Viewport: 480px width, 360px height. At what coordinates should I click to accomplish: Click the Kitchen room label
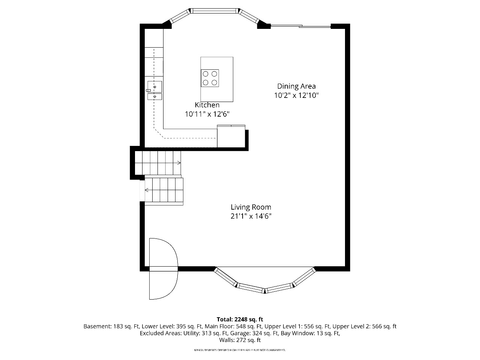click(207, 105)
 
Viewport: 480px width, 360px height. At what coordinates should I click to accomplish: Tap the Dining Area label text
click(296, 86)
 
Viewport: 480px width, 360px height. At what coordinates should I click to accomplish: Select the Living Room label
click(251, 207)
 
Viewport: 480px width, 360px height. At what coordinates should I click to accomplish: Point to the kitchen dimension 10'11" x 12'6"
click(207, 114)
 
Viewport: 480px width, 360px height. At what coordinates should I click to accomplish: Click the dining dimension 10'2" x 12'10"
click(297, 95)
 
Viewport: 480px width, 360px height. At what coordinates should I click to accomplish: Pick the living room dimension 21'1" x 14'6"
click(251, 216)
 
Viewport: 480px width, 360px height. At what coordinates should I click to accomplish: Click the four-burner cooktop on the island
click(210, 78)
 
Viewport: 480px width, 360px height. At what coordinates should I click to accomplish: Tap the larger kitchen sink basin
click(154, 87)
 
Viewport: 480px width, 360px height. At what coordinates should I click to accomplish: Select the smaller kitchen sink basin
click(154, 96)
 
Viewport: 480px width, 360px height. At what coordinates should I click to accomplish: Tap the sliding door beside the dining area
click(301, 26)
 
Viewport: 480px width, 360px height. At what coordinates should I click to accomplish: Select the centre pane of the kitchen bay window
click(215, 11)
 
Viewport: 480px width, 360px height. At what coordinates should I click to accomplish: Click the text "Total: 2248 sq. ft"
click(240, 319)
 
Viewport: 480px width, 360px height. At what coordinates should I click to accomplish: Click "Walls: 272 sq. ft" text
click(240, 340)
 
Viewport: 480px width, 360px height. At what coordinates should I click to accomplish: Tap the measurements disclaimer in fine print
click(240, 350)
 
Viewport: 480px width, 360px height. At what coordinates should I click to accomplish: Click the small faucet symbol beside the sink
click(148, 90)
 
